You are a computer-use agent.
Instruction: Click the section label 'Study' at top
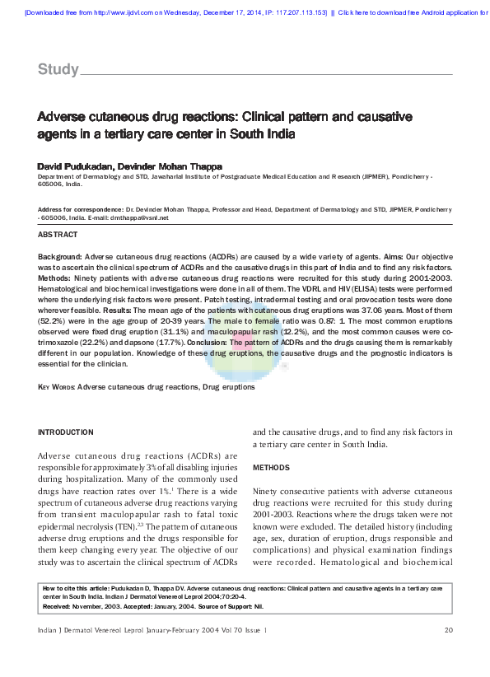coord(58,69)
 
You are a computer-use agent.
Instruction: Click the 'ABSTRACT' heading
coord(58,235)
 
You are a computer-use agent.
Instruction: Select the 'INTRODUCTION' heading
coord(67,432)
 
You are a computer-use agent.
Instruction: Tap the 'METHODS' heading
coord(271,467)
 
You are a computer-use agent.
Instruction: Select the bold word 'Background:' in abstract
coord(60,257)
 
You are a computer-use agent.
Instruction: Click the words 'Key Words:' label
coord(57,386)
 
